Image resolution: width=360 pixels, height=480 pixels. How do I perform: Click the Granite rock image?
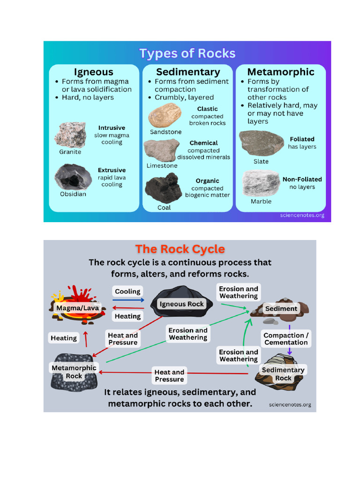click(x=70, y=135)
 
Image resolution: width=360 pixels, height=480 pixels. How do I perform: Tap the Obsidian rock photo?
click(x=73, y=177)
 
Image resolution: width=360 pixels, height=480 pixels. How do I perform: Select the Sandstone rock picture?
click(x=165, y=115)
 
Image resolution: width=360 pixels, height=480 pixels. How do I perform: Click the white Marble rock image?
click(x=260, y=183)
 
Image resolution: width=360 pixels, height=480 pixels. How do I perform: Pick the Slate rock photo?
click(x=261, y=143)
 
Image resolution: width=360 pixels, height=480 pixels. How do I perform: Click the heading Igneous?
click(x=94, y=72)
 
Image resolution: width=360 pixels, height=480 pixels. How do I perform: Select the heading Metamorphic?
click(x=281, y=72)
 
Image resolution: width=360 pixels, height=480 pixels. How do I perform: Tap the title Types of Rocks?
click(x=187, y=53)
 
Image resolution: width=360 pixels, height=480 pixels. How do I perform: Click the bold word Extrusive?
click(x=112, y=170)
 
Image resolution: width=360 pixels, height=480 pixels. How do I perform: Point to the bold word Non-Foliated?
click(x=302, y=179)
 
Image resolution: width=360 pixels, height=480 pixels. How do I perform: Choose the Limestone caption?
click(x=162, y=165)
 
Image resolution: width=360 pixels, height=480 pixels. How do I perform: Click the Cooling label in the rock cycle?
click(x=127, y=292)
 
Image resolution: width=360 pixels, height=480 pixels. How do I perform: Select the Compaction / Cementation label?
click(x=286, y=338)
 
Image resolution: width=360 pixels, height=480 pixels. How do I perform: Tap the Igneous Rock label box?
click(x=182, y=304)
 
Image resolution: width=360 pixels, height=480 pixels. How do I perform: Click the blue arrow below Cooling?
click(x=128, y=300)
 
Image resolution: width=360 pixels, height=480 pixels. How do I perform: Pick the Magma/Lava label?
click(x=77, y=308)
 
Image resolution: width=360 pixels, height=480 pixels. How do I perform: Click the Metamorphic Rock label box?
click(x=74, y=372)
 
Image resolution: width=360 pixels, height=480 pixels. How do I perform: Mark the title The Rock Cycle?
click(x=180, y=249)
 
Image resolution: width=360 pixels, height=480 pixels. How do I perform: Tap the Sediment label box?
click(x=281, y=308)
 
